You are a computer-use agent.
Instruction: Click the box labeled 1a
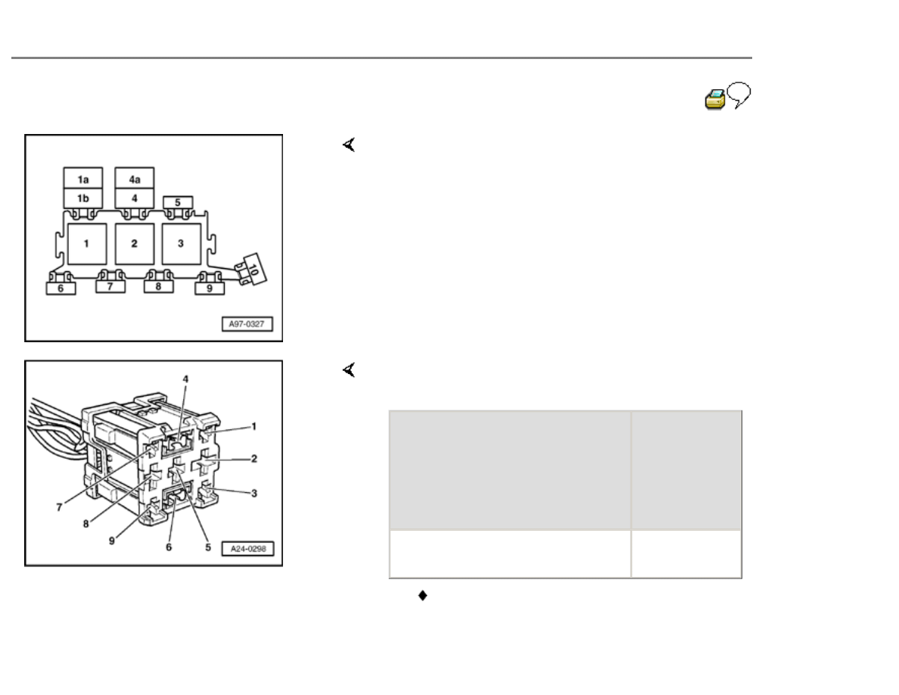[83, 178]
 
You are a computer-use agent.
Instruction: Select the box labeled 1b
[83, 198]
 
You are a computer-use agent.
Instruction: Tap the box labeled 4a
[135, 178]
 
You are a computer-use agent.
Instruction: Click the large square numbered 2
[135, 244]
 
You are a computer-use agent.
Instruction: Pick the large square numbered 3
[181, 244]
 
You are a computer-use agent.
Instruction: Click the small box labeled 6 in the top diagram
[61, 288]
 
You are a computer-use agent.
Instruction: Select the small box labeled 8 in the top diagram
[158, 285]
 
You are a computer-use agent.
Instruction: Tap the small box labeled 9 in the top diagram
[210, 288]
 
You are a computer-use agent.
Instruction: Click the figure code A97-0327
[247, 324]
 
